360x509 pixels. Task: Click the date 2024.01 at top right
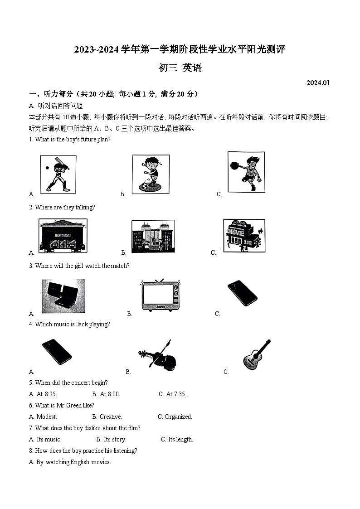pyautogui.click(x=318, y=82)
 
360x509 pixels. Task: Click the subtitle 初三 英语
pyautogui.click(x=180, y=68)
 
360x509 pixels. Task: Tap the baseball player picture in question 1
pyautogui.click(x=58, y=174)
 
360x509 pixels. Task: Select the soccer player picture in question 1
pyautogui.click(x=151, y=174)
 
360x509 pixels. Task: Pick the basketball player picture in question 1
pyautogui.click(x=246, y=172)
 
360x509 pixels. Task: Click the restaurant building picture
pyautogui.click(x=63, y=236)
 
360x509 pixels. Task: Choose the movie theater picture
pyautogui.click(x=244, y=236)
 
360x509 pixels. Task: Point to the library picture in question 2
pyautogui.click(x=153, y=237)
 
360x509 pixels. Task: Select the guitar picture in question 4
pyautogui.click(x=257, y=354)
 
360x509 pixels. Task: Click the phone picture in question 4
pyautogui.click(x=57, y=352)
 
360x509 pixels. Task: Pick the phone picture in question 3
pyautogui.click(x=242, y=293)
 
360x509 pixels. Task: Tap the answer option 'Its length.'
pyautogui.click(x=180, y=440)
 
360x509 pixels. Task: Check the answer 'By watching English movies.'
pyautogui.click(x=73, y=462)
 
